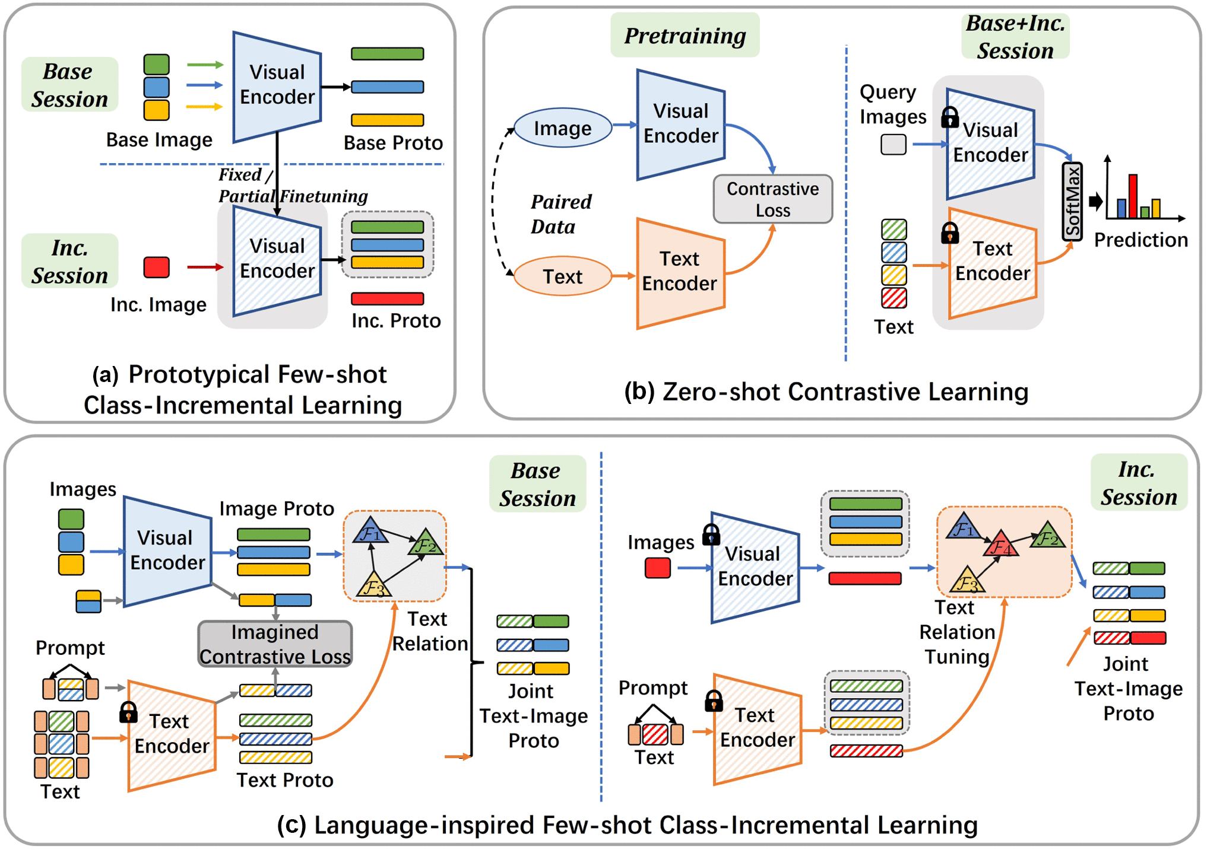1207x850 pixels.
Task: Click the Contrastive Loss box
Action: [772, 199]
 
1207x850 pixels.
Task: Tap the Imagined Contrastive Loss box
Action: [275, 644]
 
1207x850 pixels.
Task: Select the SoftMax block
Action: [1072, 202]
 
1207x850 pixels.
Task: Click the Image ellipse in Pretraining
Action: [562, 128]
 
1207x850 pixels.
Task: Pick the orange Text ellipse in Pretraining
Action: [562, 276]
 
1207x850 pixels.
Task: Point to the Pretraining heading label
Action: [685, 36]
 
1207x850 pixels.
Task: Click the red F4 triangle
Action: [1000, 545]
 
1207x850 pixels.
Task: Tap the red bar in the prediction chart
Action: [1133, 196]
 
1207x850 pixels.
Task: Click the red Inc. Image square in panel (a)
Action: [157, 267]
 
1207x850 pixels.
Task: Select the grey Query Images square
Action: [893, 144]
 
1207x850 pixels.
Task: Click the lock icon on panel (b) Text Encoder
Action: [950, 233]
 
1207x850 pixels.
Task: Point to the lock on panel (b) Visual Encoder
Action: [950, 117]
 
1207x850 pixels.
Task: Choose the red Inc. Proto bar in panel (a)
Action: [387, 298]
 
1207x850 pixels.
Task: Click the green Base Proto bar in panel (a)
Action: [387, 54]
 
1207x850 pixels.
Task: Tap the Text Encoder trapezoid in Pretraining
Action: [680, 273]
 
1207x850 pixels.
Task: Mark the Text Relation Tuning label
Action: [956, 632]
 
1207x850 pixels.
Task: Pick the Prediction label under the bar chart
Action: [1141, 240]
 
